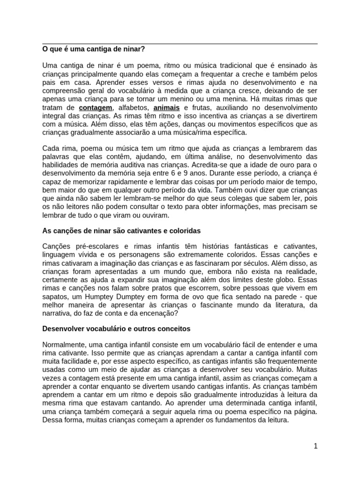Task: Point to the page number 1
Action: pyautogui.click(x=315, y=446)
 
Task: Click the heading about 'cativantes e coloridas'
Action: pyautogui.click(x=121, y=231)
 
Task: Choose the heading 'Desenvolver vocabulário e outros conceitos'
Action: pyautogui.click(x=116, y=329)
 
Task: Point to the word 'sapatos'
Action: pyautogui.click(x=55, y=296)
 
